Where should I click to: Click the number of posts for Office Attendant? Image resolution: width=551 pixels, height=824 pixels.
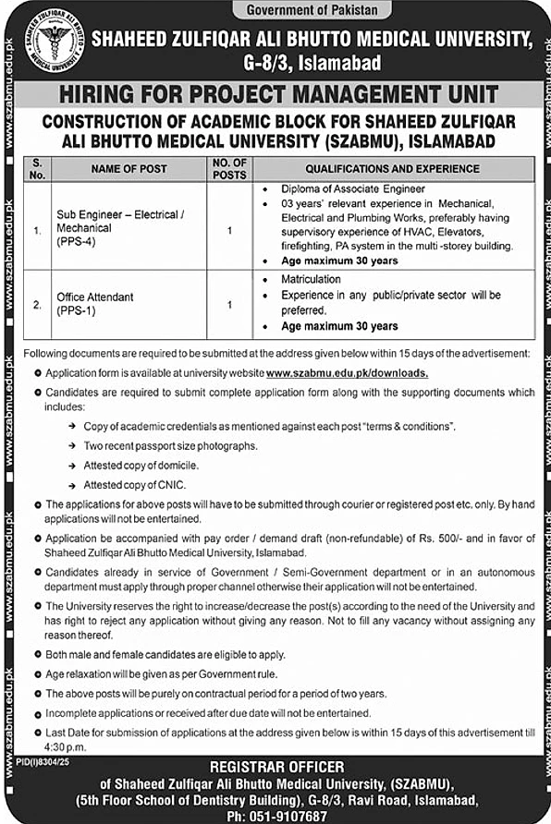point(229,303)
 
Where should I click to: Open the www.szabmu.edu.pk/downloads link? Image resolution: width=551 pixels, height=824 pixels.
point(347,373)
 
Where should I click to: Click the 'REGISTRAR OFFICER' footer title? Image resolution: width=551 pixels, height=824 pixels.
point(276,767)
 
